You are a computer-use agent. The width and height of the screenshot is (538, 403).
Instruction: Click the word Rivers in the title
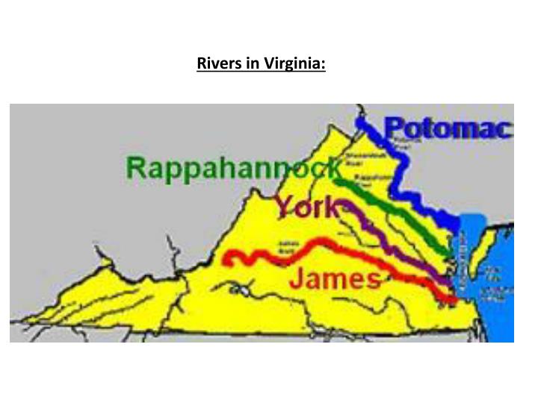point(216,64)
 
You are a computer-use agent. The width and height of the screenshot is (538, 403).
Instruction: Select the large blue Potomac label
point(448,129)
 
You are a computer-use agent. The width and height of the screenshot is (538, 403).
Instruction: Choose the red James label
point(334,279)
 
